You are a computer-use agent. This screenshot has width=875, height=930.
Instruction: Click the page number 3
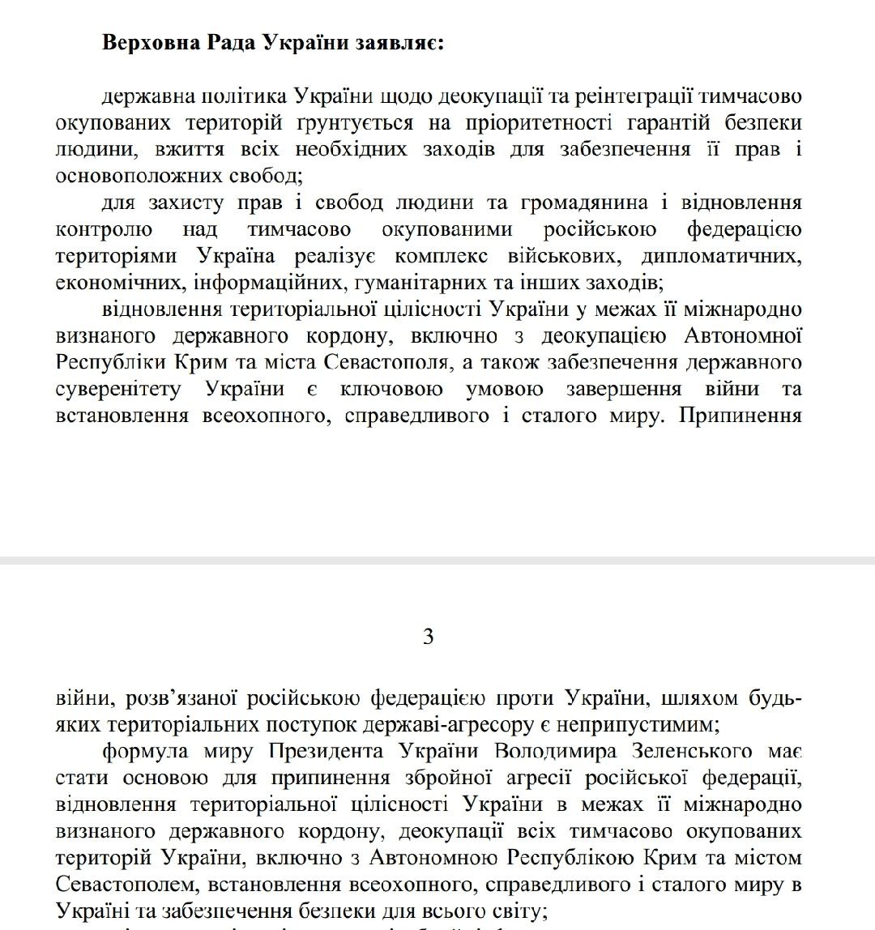pos(429,637)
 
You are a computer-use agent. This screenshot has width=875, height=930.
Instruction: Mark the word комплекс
pos(442,256)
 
